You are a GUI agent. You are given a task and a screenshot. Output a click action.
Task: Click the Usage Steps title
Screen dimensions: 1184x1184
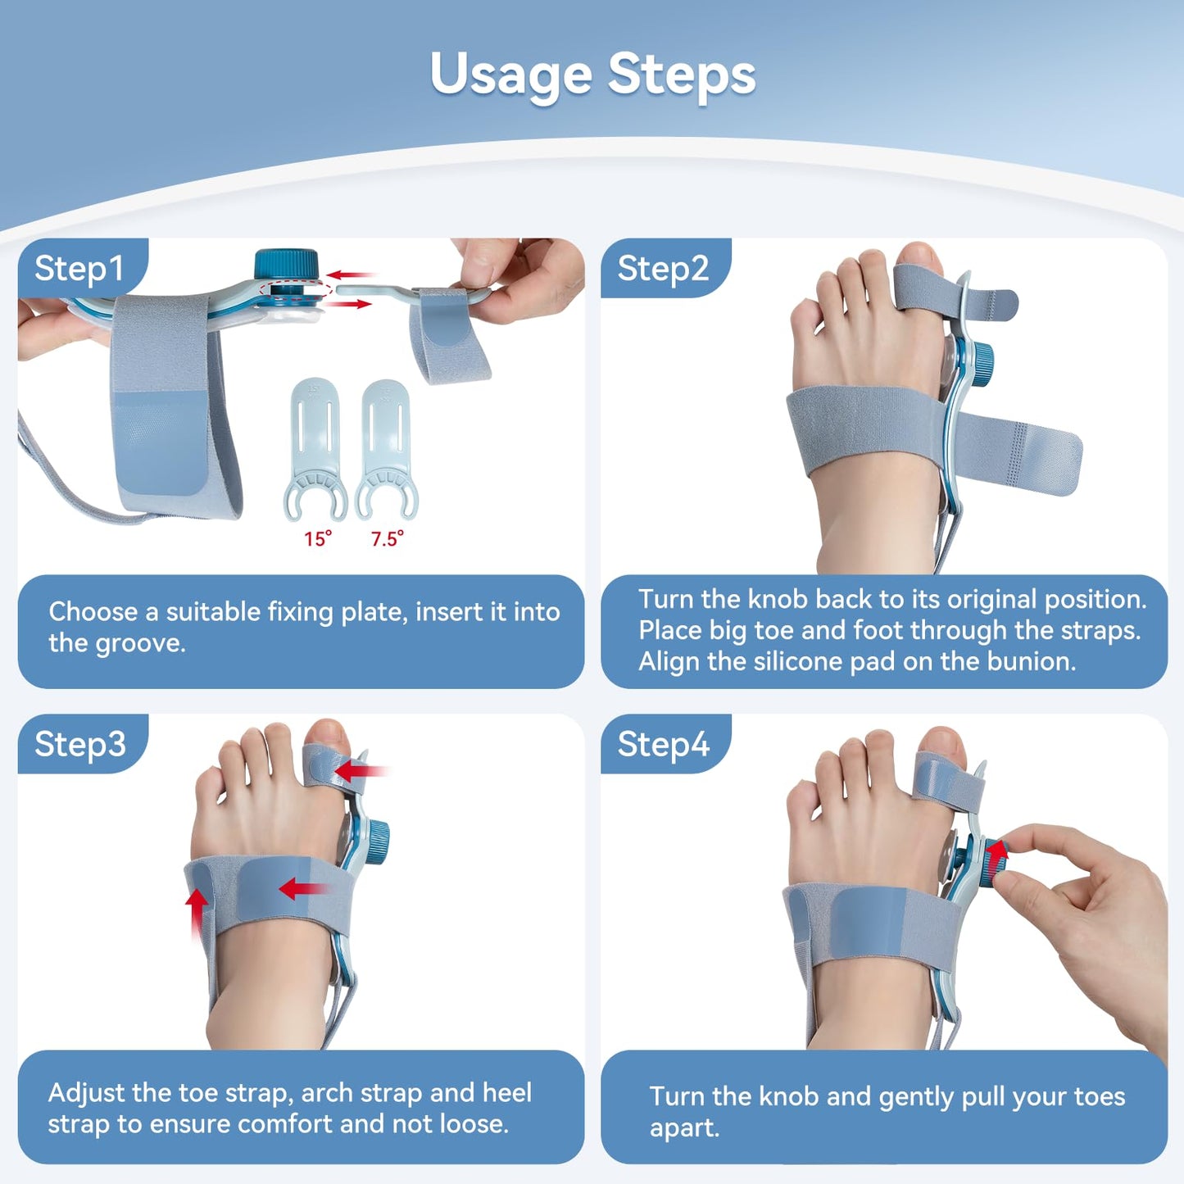pos(592,75)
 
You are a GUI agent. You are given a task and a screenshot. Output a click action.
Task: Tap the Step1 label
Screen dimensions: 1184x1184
pos(79,269)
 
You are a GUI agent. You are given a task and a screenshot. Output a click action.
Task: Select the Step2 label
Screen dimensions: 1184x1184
pos(662,269)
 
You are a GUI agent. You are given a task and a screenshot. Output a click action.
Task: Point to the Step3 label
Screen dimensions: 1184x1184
pos(79,744)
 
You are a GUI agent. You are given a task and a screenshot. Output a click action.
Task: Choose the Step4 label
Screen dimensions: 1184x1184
pos(662,744)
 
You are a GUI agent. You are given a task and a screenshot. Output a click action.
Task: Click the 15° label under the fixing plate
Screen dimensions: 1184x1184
pos(318,538)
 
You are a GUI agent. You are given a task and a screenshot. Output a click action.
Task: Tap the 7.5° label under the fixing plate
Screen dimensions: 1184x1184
pos(387,538)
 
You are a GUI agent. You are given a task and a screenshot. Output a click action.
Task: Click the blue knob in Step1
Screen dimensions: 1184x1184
pos(286,265)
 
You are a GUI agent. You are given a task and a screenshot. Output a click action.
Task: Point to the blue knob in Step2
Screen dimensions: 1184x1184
pos(981,359)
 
